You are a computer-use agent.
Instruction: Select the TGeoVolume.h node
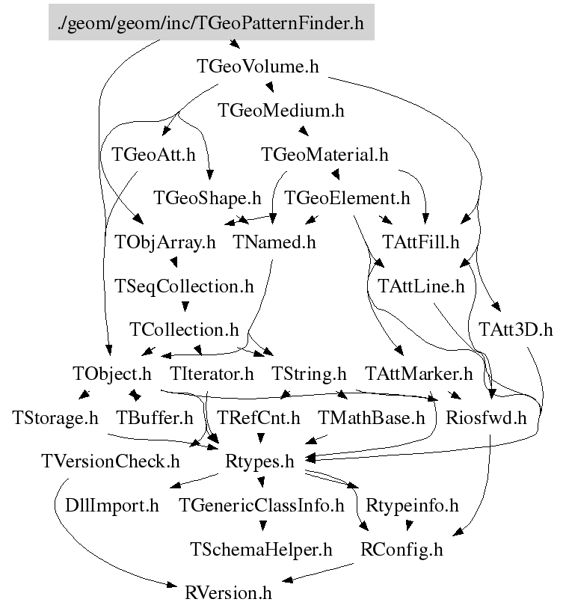click(258, 67)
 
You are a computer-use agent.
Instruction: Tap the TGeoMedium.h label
click(280, 111)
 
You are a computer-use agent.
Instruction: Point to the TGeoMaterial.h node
click(324, 155)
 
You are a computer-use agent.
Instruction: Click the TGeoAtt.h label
click(153, 155)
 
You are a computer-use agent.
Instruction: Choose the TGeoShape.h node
click(207, 198)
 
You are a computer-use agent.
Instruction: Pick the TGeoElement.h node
click(348, 198)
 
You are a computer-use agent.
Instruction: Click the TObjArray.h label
click(164, 242)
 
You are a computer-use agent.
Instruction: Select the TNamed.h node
click(274, 242)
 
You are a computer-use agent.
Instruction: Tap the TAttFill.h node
click(420, 242)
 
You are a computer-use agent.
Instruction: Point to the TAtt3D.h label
click(515, 329)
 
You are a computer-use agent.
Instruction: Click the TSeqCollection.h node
click(183, 286)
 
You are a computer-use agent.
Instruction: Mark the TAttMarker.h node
click(419, 373)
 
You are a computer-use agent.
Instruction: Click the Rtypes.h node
click(259, 461)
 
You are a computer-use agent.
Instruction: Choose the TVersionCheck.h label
click(111, 461)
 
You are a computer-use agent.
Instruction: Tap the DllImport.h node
click(112, 506)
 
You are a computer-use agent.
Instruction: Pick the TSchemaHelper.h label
click(260, 550)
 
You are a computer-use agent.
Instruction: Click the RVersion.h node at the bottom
click(228, 594)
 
